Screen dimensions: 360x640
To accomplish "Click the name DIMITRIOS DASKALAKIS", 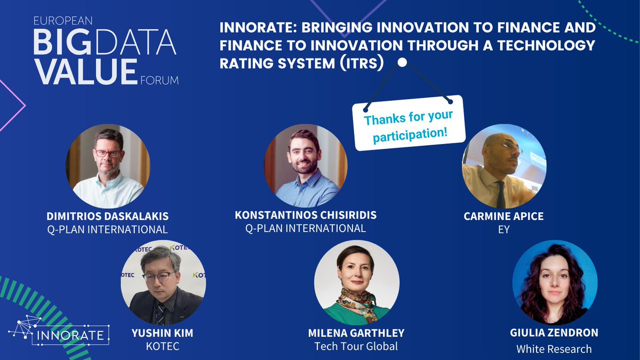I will pyautogui.click(x=107, y=216).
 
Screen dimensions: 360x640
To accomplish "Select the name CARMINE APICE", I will pyautogui.click(x=503, y=217).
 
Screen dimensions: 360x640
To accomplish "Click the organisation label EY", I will pyautogui.click(x=503, y=230).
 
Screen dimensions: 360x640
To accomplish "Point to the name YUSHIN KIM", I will pyautogui.click(x=162, y=333).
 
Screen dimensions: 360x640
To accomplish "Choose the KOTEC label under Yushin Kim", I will pyautogui.click(x=162, y=347).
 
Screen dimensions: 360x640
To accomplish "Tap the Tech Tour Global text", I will pyautogui.click(x=356, y=347).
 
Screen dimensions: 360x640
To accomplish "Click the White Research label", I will pyautogui.click(x=554, y=349).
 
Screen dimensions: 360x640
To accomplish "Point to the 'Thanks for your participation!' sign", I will pyautogui.click(x=409, y=125).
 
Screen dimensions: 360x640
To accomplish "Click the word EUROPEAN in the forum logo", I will pyautogui.click(x=63, y=21).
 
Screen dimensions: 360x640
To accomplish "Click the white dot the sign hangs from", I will pyautogui.click(x=402, y=62).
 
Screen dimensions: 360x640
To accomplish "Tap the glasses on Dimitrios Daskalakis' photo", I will pyautogui.click(x=108, y=153).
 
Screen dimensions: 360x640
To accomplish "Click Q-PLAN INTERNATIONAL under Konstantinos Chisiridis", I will pyautogui.click(x=305, y=228).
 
